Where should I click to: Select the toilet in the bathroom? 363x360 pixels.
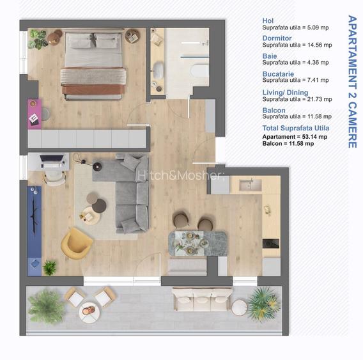click(x=200, y=70)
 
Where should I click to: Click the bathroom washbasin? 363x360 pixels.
click(x=158, y=70)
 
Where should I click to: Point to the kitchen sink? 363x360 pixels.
click(x=251, y=185)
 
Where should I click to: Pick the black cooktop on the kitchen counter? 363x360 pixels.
click(x=270, y=244)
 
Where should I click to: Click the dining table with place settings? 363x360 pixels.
click(x=197, y=243)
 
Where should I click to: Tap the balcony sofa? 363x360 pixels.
click(x=202, y=299)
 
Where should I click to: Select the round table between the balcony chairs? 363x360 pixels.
click(x=89, y=313)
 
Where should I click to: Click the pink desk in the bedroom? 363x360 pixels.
click(x=35, y=114)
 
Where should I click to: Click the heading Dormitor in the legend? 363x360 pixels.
click(x=277, y=38)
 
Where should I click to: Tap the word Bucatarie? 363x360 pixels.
click(x=278, y=74)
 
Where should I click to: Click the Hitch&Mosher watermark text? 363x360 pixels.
click(x=180, y=175)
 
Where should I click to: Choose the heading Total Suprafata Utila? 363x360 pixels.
click(x=296, y=128)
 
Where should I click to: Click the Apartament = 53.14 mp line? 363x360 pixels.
click(x=295, y=137)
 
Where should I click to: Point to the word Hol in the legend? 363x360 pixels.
click(x=268, y=20)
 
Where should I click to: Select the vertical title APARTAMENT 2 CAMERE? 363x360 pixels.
click(x=352, y=82)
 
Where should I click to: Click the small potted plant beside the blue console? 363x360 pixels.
click(x=50, y=267)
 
